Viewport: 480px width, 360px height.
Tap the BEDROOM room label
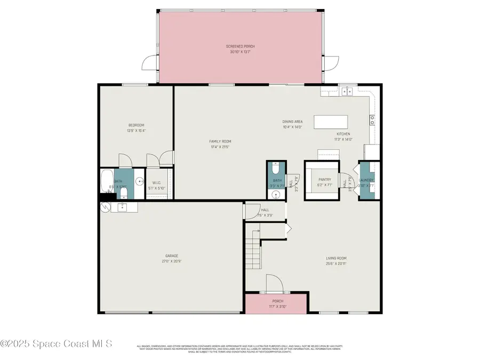pyautogui.click(x=136, y=125)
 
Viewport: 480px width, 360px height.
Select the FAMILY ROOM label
pyautogui.click(x=220, y=141)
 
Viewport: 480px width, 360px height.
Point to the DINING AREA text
pyautogui.click(x=292, y=122)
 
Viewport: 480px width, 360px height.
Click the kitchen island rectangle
pyautogui.click(x=331, y=122)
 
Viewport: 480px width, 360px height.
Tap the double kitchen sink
pyautogui.click(x=347, y=91)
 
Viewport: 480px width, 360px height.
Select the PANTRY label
pyautogui.click(x=324, y=180)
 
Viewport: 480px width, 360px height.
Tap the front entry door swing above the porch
pyautogui.click(x=273, y=283)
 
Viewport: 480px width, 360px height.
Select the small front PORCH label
pyautogui.click(x=278, y=301)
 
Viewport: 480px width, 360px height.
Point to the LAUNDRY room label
pyautogui.click(x=366, y=180)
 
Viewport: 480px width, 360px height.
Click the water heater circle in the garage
pyautogui.click(x=104, y=207)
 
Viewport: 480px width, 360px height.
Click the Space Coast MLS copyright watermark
pyautogui.click(x=56, y=344)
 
